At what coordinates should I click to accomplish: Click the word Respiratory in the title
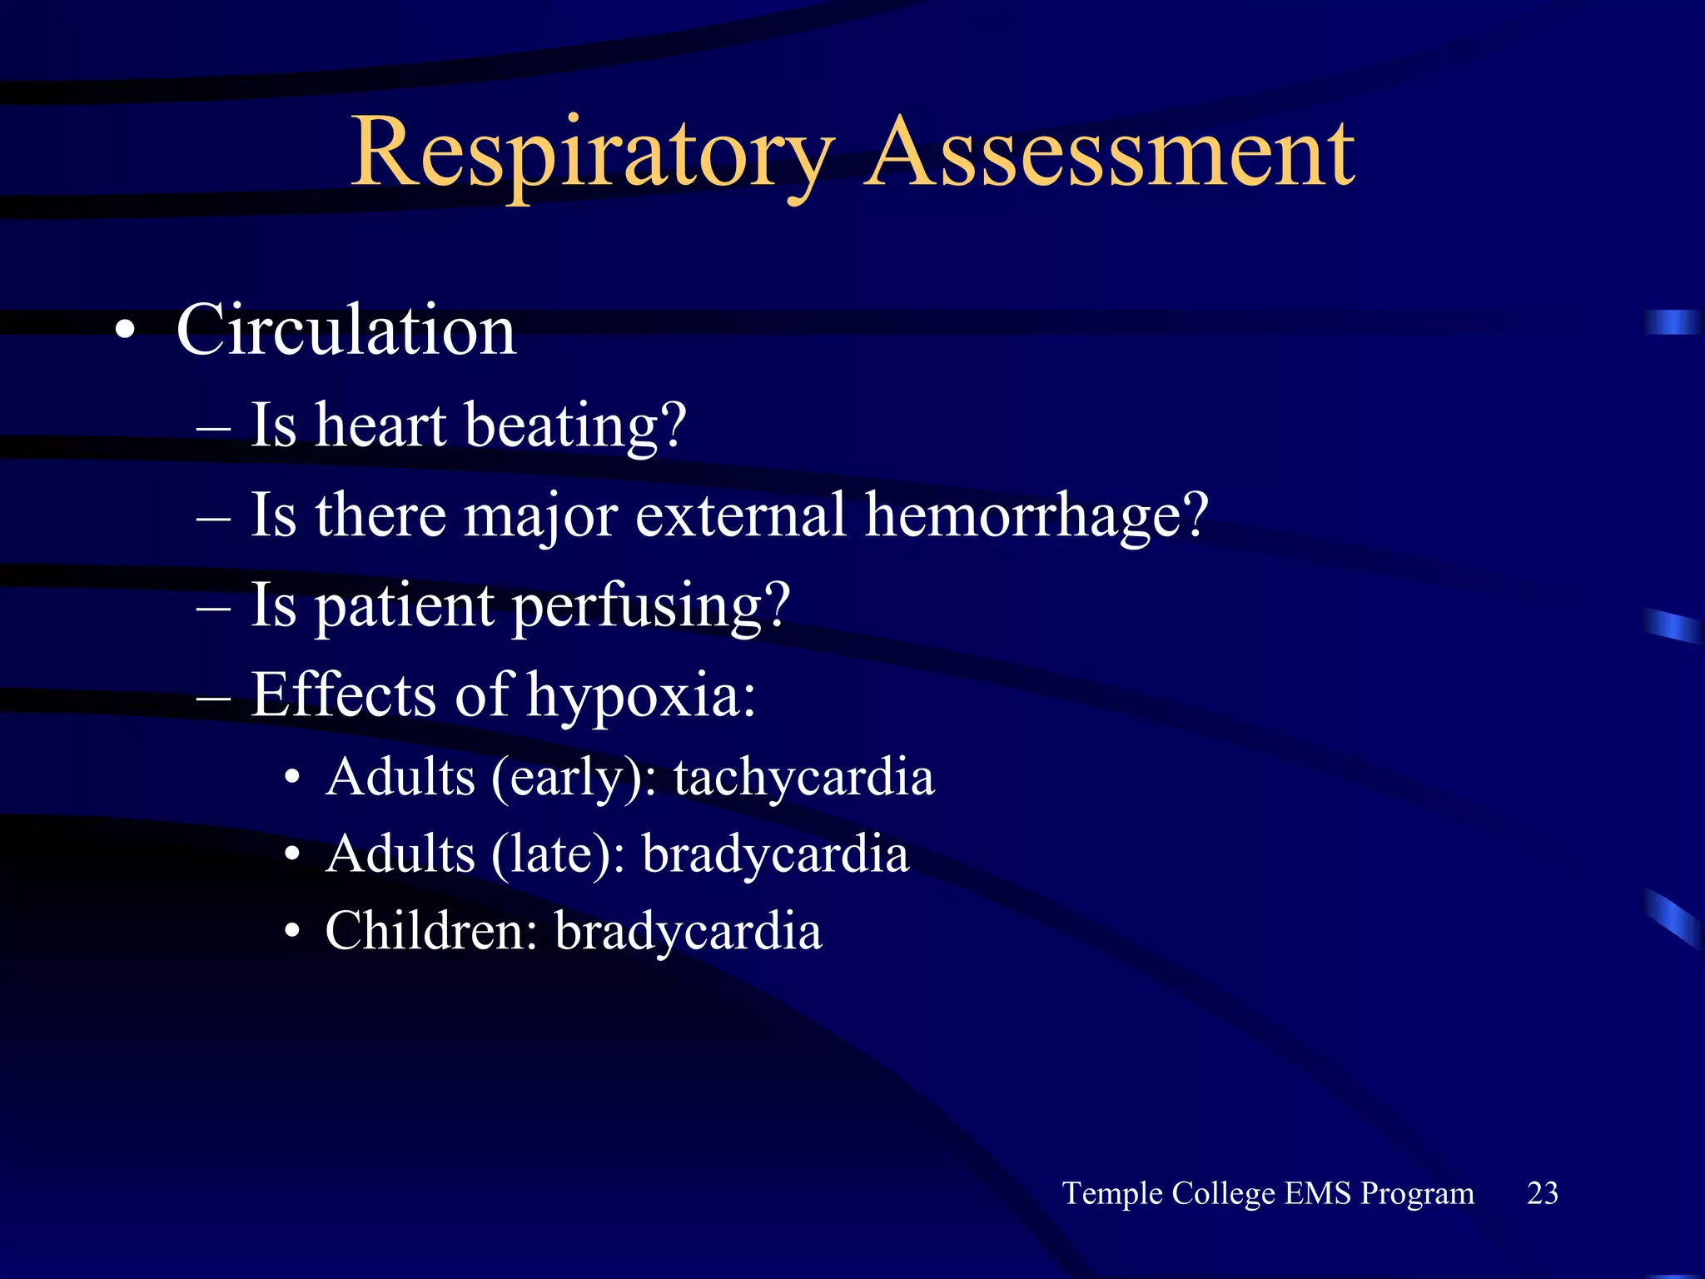(592, 154)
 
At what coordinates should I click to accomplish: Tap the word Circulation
(346, 330)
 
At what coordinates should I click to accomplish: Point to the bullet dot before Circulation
(125, 331)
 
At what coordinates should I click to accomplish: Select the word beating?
(575, 426)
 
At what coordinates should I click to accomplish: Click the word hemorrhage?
(1036, 515)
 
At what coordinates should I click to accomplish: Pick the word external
(741, 515)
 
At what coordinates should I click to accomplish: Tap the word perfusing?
(650, 606)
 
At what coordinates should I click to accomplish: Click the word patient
(405, 606)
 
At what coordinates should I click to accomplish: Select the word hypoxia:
(641, 696)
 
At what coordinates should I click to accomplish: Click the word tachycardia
(803, 777)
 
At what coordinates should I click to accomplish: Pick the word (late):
(558, 855)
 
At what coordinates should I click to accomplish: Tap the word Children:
(431, 931)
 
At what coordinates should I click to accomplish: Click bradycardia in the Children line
(688, 931)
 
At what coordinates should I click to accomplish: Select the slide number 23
(1542, 1193)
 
